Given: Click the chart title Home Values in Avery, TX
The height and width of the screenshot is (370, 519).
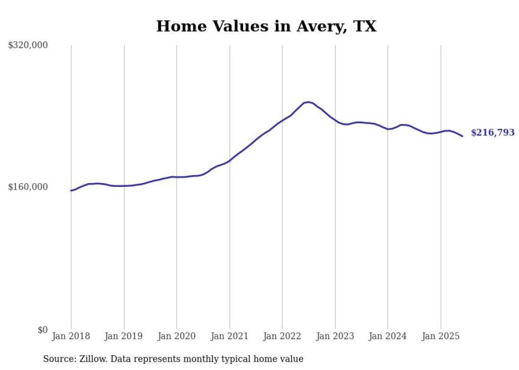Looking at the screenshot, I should (266, 26).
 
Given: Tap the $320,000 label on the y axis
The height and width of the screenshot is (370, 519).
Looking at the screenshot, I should (28, 46).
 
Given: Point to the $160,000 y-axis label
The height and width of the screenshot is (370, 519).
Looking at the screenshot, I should (28, 187).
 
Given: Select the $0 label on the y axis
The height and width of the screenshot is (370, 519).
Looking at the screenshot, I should (42, 330).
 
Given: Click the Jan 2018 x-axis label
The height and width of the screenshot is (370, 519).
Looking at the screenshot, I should (71, 336).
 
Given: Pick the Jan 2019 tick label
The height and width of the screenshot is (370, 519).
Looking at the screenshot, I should (124, 336).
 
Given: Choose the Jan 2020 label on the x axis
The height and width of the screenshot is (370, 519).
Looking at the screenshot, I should (176, 336).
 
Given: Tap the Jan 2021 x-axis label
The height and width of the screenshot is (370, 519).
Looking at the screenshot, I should (229, 336).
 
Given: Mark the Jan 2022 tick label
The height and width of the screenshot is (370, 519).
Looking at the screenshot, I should (282, 336).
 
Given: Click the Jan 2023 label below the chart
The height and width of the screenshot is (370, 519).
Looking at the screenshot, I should (335, 336).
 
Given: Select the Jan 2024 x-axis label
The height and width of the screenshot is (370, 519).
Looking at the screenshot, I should (388, 336).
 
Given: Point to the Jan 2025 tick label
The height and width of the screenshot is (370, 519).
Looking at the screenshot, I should (441, 336).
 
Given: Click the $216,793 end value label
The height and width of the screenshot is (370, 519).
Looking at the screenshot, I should (493, 133).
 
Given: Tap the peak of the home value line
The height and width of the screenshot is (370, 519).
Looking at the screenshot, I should (308, 102).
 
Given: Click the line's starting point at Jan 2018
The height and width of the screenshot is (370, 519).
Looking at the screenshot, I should (71, 191).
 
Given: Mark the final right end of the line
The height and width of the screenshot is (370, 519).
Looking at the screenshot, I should (463, 137).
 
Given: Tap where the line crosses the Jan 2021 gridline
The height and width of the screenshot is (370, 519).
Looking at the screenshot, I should (229, 160).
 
